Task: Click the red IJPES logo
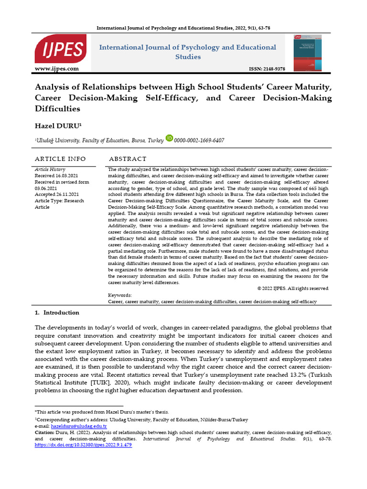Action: [x=60, y=49]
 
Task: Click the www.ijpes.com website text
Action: [x=56, y=69]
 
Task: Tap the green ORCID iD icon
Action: [x=169, y=138]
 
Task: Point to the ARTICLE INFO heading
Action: [x=61, y=159]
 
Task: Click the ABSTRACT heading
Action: [x=128, y=159]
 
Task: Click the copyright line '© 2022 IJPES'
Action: [x=292, y=288]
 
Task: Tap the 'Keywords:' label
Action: [x=120, y=295]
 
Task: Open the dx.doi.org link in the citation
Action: [x=84, y=445]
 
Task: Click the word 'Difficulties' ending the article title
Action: [x=57, y=108]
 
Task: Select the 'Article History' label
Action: [x=50, y=170]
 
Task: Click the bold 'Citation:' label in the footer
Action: [x=46, y=432]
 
